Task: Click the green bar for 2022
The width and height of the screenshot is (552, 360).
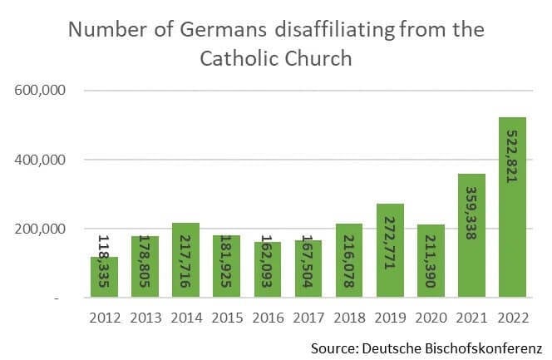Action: [x=512, y=208]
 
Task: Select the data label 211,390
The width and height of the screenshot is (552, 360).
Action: [x=430, y=262]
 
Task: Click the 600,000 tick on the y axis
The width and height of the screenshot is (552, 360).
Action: [x=40, y=90]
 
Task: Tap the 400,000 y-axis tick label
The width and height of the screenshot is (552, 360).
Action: [x=40, y=159]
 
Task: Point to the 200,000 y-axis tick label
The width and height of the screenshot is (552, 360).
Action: [x=40, y=229]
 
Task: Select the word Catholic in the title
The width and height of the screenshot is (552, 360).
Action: [x=234, y=59]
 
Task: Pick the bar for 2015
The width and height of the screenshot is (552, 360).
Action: [x=226, y=266]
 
